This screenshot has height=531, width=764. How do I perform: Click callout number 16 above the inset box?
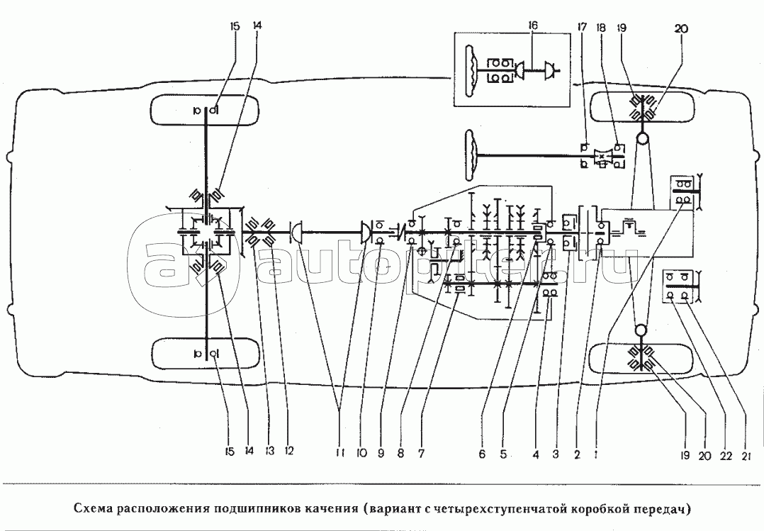click(x=533, y=26)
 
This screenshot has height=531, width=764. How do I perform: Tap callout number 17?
click(x=582, y=28)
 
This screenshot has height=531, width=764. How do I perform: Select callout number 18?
click(x=601, y=28)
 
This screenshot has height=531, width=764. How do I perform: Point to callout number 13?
click(x=269, y=451)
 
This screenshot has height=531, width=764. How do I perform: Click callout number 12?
click(x=289, y=451)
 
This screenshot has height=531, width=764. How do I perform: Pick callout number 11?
click(x=340, y=453)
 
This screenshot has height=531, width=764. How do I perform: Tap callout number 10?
click(x=361, y=453)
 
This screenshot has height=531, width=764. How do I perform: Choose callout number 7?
click(x=421, y=454)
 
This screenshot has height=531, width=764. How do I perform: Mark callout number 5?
click(x=503, y=454)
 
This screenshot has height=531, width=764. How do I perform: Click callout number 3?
click(x=556, y=454)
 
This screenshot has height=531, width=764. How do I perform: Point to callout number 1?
click(x=597, y=454)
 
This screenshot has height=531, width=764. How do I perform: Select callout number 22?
click(x=726, y=455)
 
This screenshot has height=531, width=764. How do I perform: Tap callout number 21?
click(x=745, y=455)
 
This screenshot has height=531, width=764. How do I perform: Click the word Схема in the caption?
click(x=93, y=509)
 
